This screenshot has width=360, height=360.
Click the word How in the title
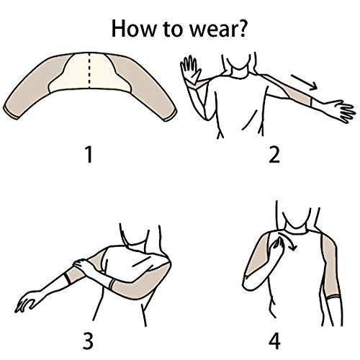134,28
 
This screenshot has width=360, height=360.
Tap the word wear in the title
212,31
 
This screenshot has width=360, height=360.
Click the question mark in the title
240,28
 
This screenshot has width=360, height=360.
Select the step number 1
89,155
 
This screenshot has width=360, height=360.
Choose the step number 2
274,155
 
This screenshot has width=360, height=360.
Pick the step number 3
88,341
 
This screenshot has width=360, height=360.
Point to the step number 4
274,341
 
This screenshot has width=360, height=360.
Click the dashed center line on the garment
89,71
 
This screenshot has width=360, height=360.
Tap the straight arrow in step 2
305,83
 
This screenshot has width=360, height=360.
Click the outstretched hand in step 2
341,111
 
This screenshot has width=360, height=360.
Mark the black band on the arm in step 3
67,278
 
